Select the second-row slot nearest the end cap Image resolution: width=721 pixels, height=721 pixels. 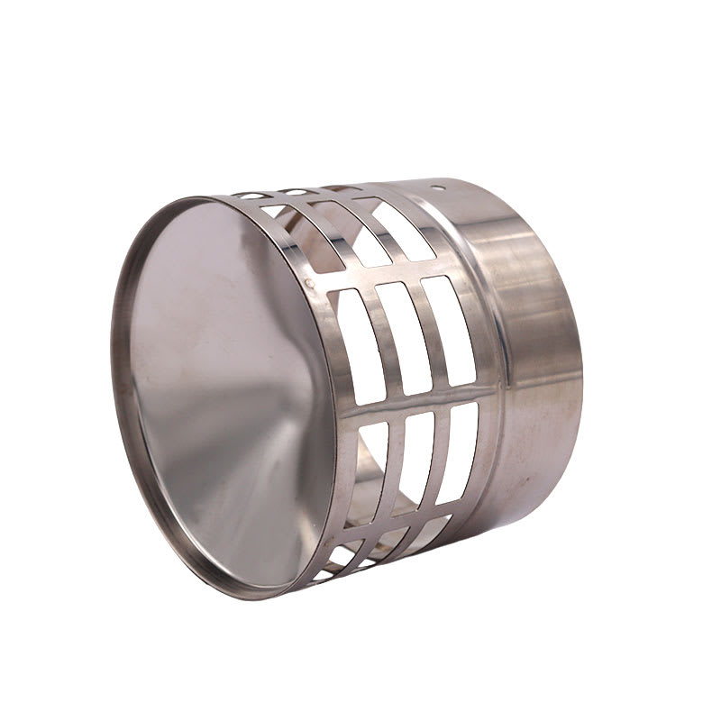point(328,233)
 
